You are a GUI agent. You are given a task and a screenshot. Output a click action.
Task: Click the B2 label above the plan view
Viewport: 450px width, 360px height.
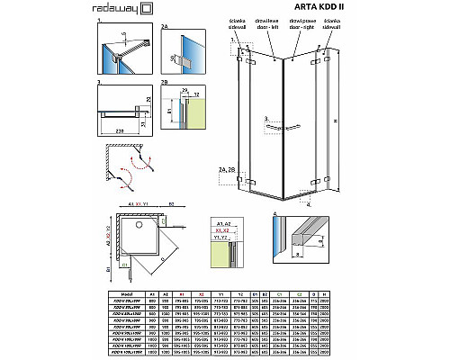coord(172,204)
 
